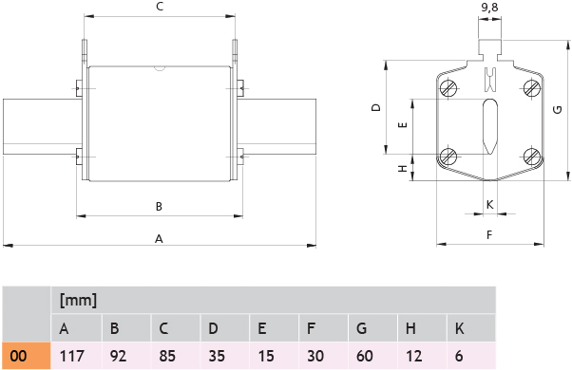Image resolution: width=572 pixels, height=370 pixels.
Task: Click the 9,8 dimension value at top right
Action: point(489,8)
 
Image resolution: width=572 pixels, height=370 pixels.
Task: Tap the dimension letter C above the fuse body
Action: point(160,7)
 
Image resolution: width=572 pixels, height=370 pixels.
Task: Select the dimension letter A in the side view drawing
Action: point(159,239)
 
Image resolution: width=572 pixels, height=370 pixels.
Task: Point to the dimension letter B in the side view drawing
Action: point(159,207)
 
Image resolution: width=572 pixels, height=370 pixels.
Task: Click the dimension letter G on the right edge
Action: point(558,109)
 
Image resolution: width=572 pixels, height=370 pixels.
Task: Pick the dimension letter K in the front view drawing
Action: point(489,204)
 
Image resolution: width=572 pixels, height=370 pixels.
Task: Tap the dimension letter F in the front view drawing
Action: point(489,235)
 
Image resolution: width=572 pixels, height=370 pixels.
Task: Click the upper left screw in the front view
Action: point(448,88)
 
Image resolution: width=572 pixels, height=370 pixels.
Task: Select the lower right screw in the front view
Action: point(532,157)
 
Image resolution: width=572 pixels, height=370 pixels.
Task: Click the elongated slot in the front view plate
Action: point(489,126)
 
